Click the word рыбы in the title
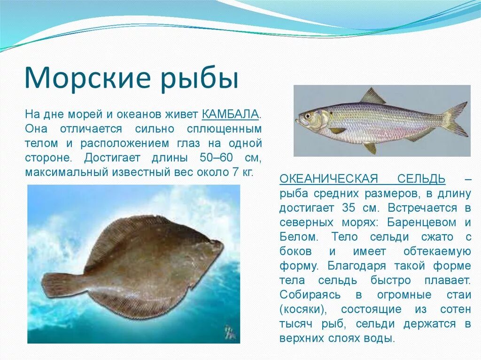[x=202, y=79]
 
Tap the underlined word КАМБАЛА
[x=230, y=114]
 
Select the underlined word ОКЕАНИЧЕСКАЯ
[x=329, y=178]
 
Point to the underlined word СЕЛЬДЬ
[x=421, y=178]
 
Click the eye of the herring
[x=308, y=115]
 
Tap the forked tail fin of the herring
[x=454, y=119]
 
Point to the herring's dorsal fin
[x=372, y=96]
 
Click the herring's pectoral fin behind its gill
[x=337, y=130]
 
